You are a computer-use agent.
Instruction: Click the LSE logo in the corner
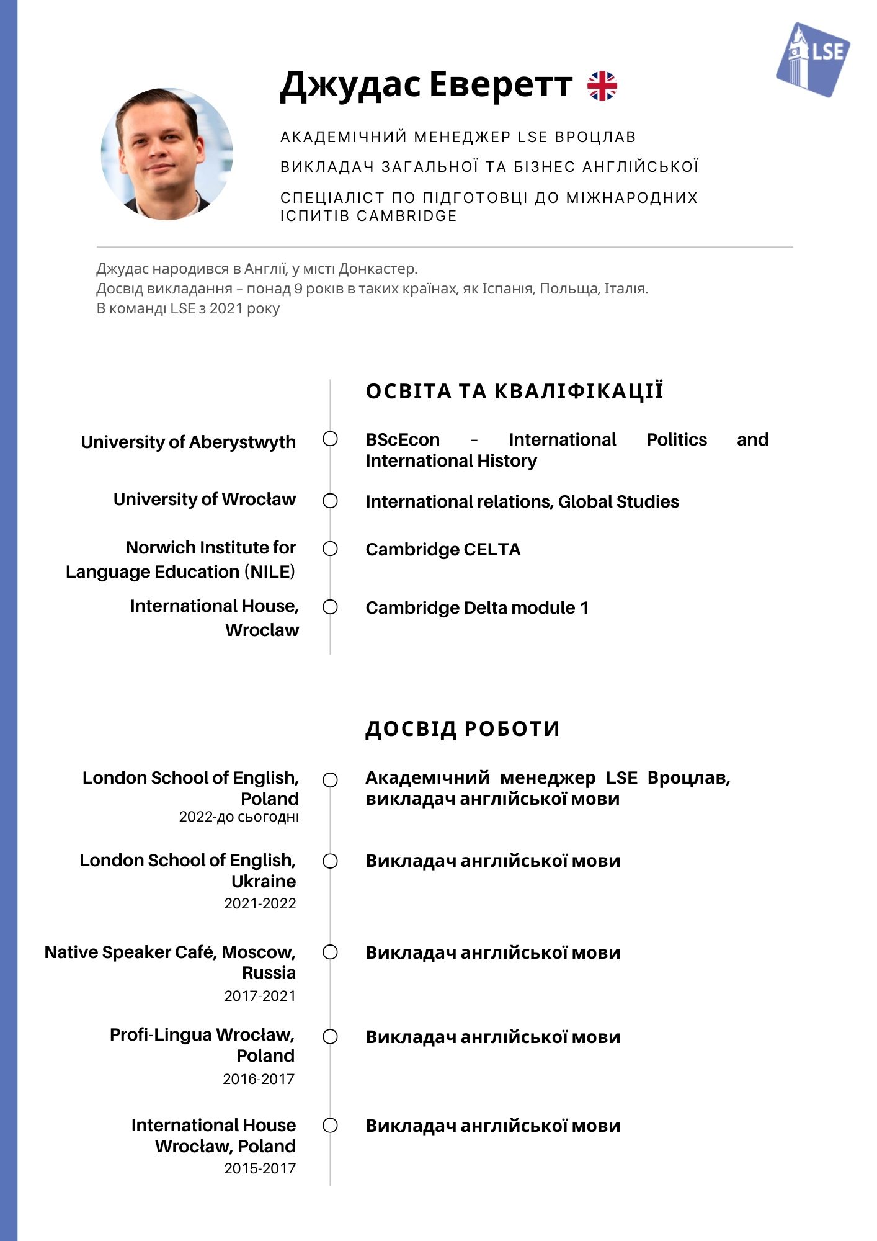pos(812,60)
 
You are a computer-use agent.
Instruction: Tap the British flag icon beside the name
pos(602,86)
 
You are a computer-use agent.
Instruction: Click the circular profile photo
pos(166,154)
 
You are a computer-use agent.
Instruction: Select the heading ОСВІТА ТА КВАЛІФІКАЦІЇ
pos(514,392)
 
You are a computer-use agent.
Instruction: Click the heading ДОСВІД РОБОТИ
pos(462,728)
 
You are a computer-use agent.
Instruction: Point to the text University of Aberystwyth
pos(188,442)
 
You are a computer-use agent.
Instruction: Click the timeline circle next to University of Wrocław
pos(331,501)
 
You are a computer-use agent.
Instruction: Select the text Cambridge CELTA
pos(443,549)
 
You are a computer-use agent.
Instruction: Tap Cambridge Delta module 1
pos(477,607)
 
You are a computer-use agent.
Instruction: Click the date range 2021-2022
pos(260,903)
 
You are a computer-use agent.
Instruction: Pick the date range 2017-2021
pos(260,996)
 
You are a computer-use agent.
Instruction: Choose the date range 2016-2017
pos(259,1079)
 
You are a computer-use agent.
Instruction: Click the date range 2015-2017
pos(260,1168)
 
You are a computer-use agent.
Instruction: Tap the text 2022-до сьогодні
pos(239,817)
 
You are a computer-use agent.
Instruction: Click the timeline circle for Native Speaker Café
pos(331,952)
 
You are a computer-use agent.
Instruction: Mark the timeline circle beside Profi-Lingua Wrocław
pos(331,1037)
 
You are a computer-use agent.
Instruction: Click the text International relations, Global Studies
pos(522,501)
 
